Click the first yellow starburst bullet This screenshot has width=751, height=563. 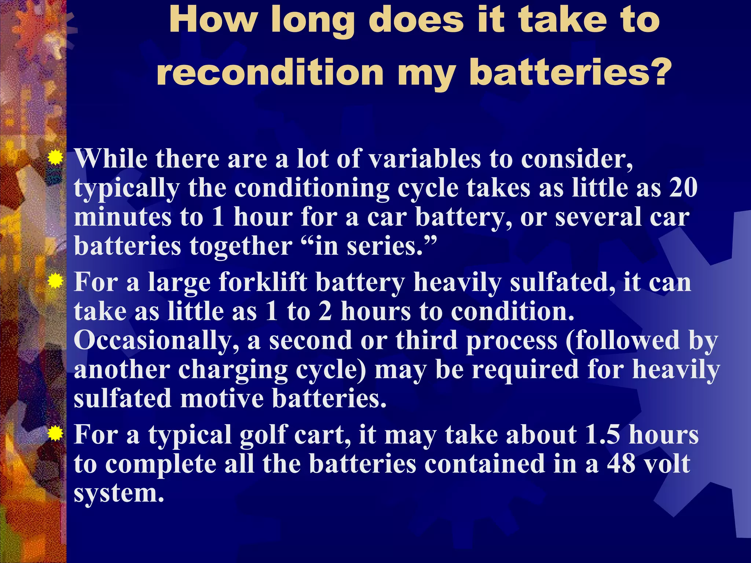click(x=55, y=158)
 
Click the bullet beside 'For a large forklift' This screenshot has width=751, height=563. click(x=55, y=282)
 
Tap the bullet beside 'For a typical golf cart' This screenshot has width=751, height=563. click(x=55, y=434)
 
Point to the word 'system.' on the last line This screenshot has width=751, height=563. click(x=119, y=493)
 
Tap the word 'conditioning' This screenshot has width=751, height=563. click(x=312, y=188)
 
